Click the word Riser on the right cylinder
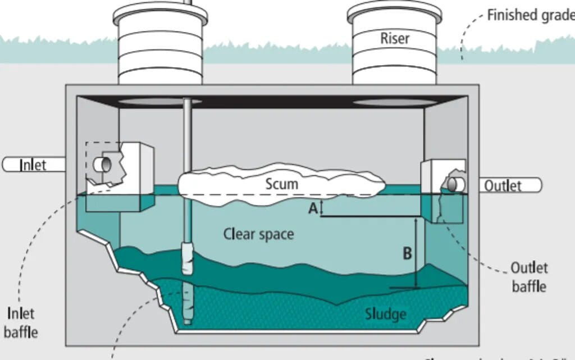[x=395, y=38]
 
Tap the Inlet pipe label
[x=33, y=165]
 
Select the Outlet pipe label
[x=503, y=185]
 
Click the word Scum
[x=281, y=184]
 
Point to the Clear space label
[x=258, y=234]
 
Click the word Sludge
[x=385, y=313]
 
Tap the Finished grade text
[x=530, y=15]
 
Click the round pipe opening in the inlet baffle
[x=104, y=163]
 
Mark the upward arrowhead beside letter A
[x=321, y=203]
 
